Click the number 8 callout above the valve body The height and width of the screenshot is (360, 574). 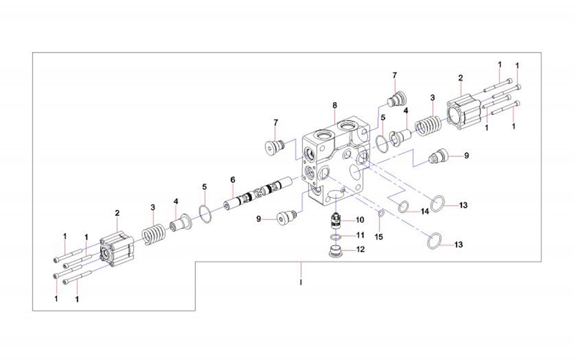[335, 106]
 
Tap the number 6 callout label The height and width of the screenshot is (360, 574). [233, 179]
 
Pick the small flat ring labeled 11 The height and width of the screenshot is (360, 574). [335, 237]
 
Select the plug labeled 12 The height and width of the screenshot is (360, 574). [335, 252]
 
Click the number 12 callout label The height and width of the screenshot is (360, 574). [360, 250]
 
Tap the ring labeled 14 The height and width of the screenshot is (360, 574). [403, 207]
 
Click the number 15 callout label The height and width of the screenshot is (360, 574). [378, 236]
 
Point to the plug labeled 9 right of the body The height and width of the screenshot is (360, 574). [439, 158]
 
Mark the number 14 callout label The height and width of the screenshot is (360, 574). [425, 212]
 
